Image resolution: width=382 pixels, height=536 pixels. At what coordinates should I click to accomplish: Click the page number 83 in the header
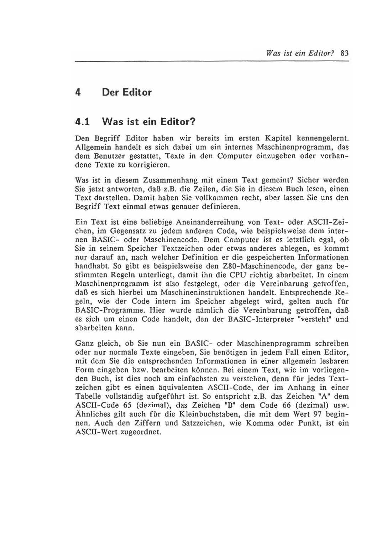point(344,53)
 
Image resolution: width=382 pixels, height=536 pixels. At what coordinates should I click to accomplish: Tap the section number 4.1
point(82,122)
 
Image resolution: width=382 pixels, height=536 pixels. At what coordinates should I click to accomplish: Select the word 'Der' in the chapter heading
point(110,92)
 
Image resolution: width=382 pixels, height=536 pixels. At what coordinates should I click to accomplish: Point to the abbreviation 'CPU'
point(239,275)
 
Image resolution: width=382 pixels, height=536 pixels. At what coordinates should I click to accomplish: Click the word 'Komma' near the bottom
point(258,423)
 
